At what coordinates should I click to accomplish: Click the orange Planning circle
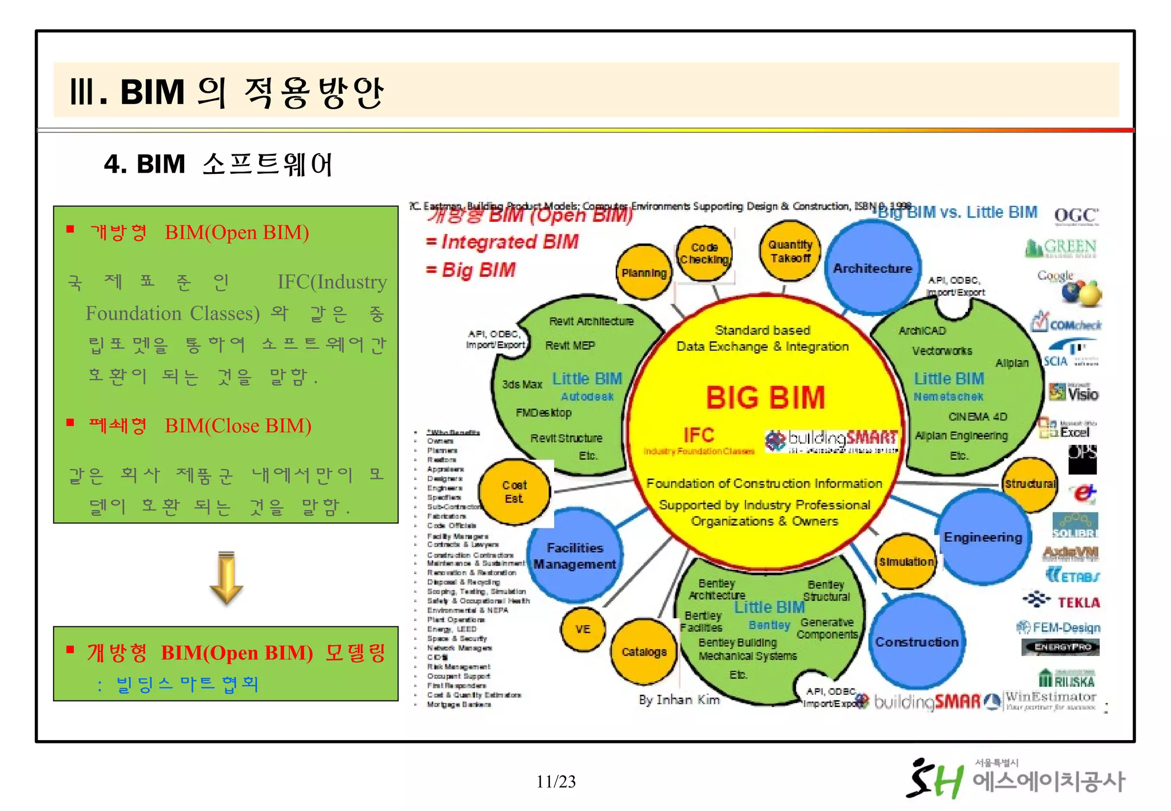644,273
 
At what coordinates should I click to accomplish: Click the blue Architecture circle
872,268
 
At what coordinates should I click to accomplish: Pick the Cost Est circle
514,492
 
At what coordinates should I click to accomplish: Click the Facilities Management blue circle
575,556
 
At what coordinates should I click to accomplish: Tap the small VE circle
583,629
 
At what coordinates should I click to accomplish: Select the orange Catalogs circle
644,652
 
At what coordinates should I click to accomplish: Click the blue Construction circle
917,642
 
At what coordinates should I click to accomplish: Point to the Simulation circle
906,562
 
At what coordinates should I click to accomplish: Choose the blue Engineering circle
983,537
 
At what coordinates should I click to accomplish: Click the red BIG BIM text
766,397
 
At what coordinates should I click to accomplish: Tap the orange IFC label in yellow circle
698,435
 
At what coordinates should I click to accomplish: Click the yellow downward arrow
226,578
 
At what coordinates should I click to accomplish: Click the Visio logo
1074,393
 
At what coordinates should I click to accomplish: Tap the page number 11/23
556,781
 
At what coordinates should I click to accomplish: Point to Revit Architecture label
591,321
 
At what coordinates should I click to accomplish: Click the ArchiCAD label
922,331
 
